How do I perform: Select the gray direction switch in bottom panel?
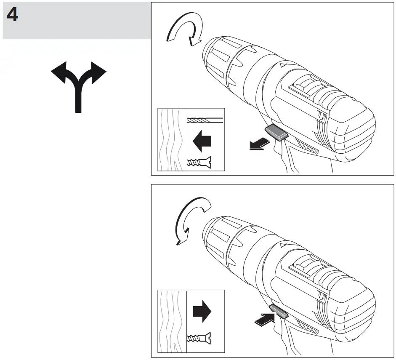277,312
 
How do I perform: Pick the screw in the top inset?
198,162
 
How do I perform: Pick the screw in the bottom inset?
198,337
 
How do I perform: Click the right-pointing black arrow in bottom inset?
201,312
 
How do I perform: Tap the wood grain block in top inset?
172,140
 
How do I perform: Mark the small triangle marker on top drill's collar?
282,65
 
